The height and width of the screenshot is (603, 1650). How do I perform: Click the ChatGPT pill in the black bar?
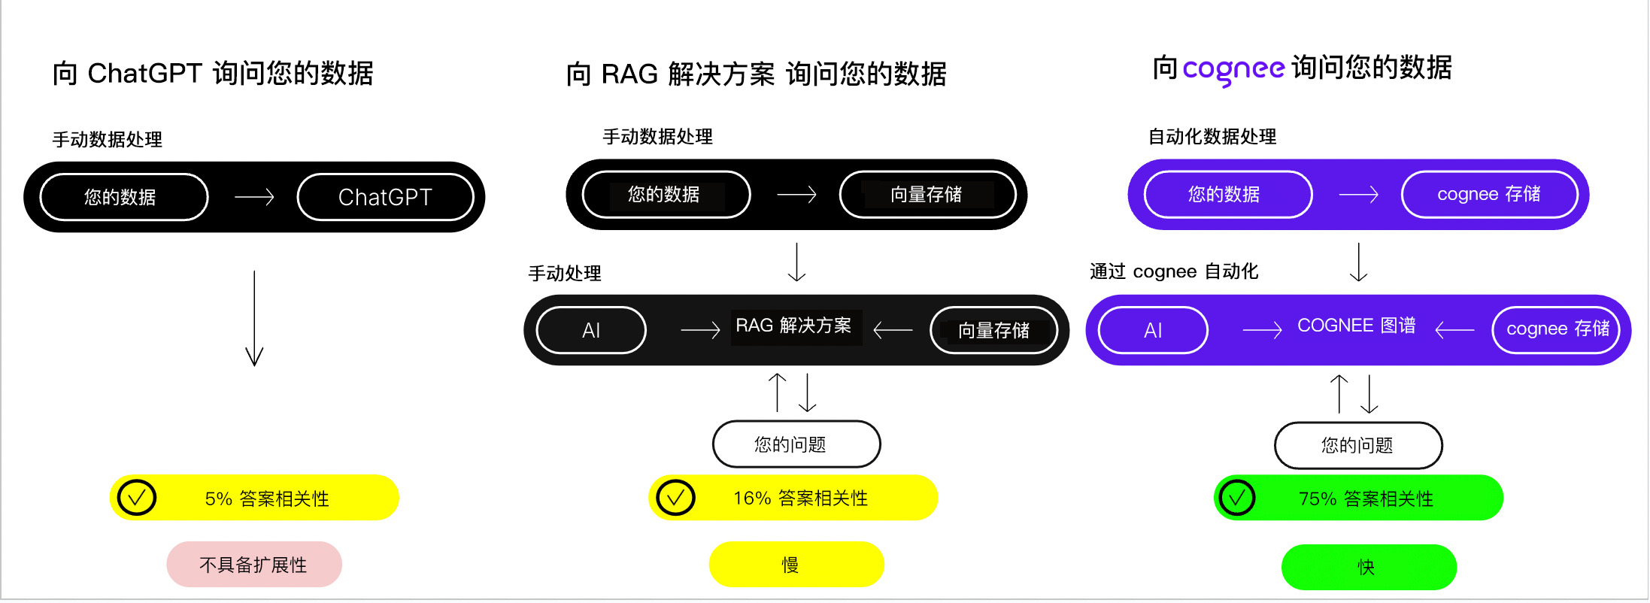[x=385, y=197]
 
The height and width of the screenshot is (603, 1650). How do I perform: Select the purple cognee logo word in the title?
[x=1233, y=69]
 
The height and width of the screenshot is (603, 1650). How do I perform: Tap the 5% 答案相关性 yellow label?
[x=267, y=498]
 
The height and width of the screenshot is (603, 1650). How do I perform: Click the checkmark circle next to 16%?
[x=675, y=498]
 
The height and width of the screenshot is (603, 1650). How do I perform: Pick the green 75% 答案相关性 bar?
[x=1366, y=498]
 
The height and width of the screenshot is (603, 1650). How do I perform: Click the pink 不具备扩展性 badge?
[x=253, y=565]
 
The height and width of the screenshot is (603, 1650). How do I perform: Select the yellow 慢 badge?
[x=796, y=565]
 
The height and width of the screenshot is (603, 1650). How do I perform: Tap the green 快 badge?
[x=1368, y=567]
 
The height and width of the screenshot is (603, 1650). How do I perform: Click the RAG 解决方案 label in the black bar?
[x=794, y=326]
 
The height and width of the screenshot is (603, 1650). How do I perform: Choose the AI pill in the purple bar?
[x=1153, y=330]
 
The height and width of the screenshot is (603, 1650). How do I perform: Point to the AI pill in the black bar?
[x=591, y=330]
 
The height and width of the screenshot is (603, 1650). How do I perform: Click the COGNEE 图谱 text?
[x=1356, y=326]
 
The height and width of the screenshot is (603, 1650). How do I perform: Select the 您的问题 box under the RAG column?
[x=796, y=444]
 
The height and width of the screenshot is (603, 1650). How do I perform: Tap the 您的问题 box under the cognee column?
[x=1357, y=445]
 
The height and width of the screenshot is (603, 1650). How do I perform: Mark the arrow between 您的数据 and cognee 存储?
[x=1358, y=195]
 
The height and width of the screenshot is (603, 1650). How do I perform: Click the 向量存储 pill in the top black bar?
[x=927, y=195]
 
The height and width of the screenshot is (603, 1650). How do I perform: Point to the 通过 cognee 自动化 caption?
[x=1173, y=271]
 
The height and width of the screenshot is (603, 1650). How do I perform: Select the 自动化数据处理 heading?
[x=1212, y=137]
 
